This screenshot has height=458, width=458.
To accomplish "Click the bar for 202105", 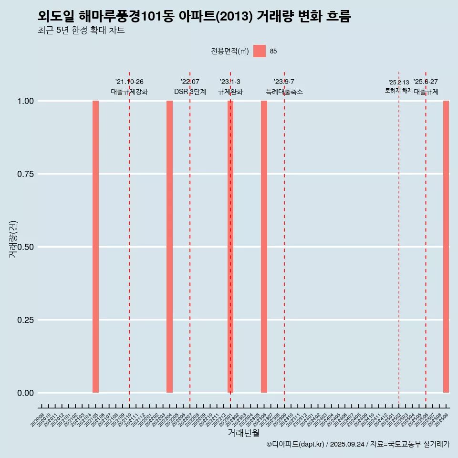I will (95, 247).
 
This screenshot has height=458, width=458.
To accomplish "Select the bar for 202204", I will (169, 247).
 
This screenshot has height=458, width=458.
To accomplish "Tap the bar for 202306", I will (264, 247).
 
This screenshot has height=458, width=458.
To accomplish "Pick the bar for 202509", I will (446, 247).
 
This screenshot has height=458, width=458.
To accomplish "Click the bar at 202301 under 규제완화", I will (230, 247).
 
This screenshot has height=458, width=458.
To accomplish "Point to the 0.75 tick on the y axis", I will (24, 174).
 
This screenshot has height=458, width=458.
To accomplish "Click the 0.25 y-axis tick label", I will (24, 320).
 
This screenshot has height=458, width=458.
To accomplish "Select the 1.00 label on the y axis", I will (24, 101).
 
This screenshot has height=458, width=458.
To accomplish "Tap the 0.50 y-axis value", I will (24, 247).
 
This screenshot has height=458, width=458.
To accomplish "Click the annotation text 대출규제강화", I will (129, 92).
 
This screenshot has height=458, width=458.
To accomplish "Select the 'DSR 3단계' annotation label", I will (190, 92).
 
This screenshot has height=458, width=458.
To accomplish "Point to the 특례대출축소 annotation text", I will (284, 92).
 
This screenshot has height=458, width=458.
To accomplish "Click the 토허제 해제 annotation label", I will (399, 91).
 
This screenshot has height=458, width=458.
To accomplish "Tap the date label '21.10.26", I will (129, 82).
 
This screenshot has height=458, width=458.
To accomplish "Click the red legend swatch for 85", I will (259, 51).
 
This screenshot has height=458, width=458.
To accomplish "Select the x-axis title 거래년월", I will (243, 433).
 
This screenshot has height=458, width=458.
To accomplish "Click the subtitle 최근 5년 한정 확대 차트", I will (81, 31).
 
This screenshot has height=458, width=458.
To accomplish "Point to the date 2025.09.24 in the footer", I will (347, 444).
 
